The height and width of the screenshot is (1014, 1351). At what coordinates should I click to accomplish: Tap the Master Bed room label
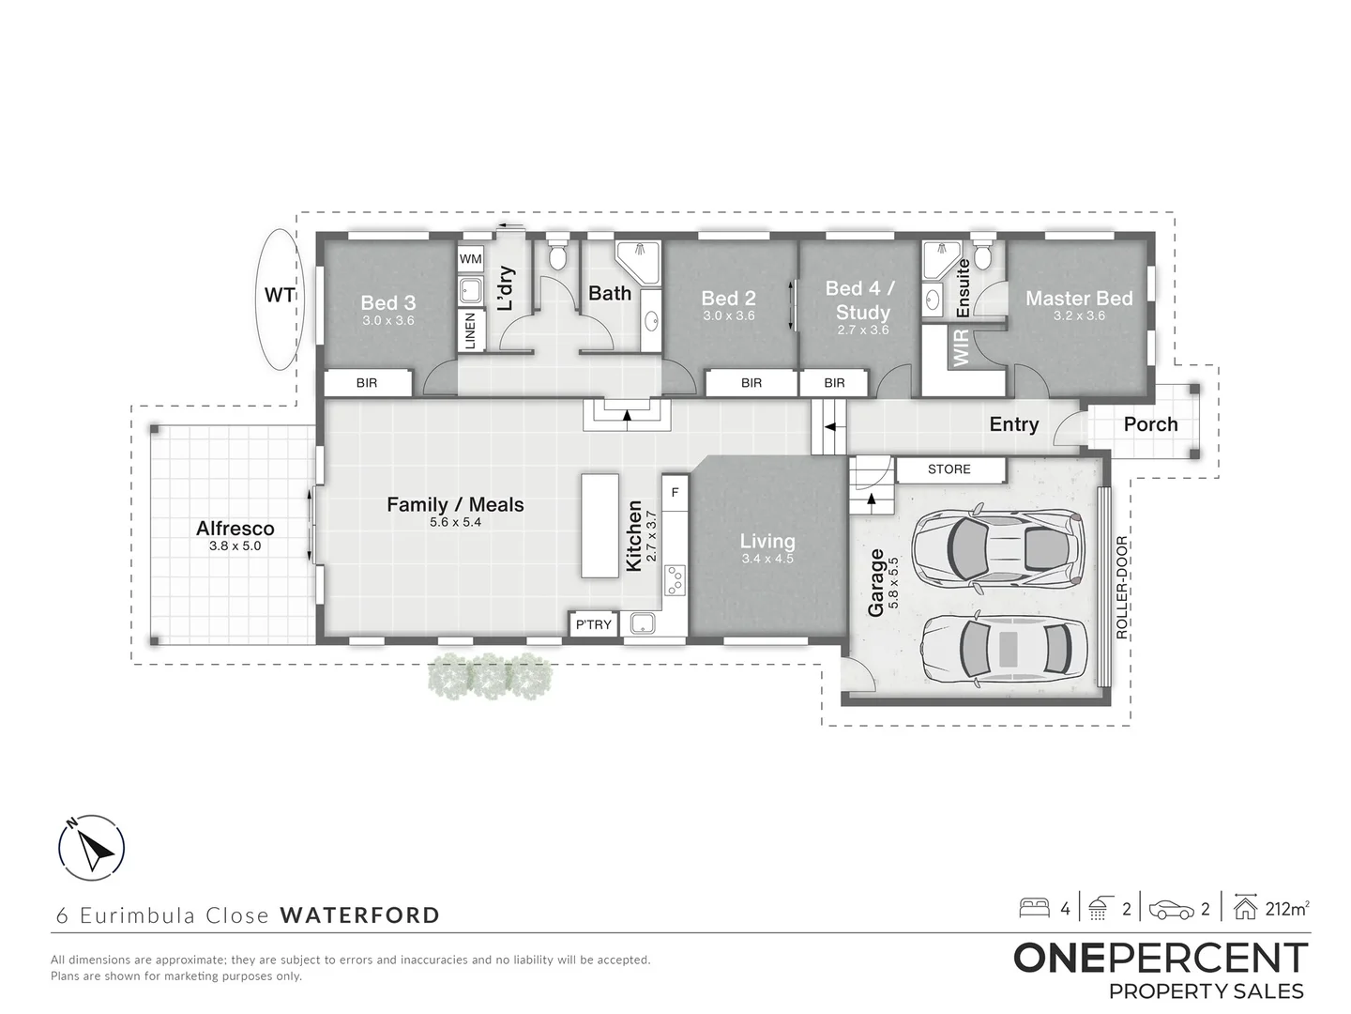1079,299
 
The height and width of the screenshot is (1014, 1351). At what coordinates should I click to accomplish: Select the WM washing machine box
470,259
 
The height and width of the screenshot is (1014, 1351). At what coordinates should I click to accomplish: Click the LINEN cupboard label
470,330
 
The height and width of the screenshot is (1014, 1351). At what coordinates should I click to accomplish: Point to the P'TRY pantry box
593,624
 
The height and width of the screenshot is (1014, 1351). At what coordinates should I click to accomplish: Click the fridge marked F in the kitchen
675,491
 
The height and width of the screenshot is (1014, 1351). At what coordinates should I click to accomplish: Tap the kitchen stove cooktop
675,579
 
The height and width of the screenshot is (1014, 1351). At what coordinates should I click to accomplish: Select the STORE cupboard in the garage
949,469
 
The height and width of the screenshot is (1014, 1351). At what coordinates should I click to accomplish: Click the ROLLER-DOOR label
1121,588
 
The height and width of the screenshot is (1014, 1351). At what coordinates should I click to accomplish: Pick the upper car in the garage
998,545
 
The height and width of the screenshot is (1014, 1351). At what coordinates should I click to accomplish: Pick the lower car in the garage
1003,649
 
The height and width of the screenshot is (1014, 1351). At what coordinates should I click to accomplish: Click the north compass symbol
91,848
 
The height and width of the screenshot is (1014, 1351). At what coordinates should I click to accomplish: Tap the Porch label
1150,424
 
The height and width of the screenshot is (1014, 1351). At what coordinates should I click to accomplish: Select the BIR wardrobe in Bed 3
367,383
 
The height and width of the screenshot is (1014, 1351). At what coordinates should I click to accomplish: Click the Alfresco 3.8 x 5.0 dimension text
235,545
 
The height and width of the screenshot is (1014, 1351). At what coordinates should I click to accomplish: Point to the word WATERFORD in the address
359,915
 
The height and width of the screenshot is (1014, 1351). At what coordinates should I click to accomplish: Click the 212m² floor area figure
1287,909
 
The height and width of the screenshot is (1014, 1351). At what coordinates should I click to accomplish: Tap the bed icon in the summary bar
1035,909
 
